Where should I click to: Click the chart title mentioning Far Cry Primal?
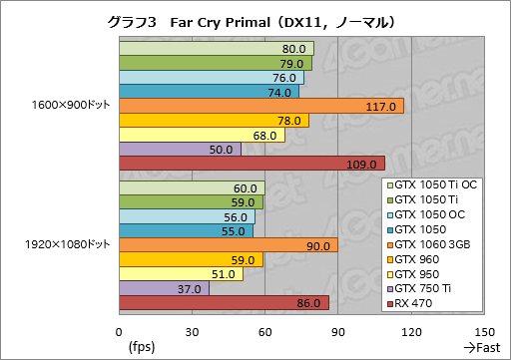255,19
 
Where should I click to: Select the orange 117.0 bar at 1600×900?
261,106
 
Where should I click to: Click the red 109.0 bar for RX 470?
252,164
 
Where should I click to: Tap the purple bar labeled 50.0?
180,150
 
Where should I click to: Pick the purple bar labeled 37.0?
164,289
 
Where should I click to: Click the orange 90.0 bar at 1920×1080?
229,245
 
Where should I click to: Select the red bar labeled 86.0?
224,303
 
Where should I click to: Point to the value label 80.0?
294,49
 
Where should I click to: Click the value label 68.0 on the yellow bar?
265,136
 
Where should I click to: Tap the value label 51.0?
225,274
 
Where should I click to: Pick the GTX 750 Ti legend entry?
429,288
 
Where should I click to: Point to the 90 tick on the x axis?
338,332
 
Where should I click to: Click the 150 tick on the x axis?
484,332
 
